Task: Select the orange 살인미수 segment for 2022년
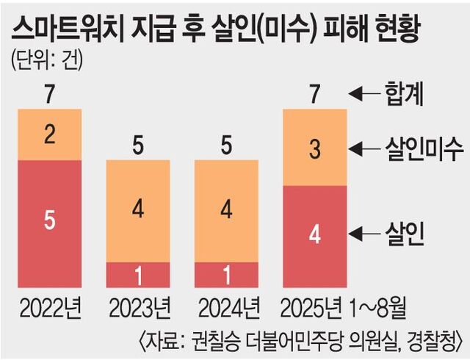49,135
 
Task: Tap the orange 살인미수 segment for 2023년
138,210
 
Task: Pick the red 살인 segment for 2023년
138,274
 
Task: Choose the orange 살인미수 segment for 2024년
226,210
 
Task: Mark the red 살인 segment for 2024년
226,274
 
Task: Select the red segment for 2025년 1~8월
314,235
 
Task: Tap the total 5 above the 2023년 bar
138,146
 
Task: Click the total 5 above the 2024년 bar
226,146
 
